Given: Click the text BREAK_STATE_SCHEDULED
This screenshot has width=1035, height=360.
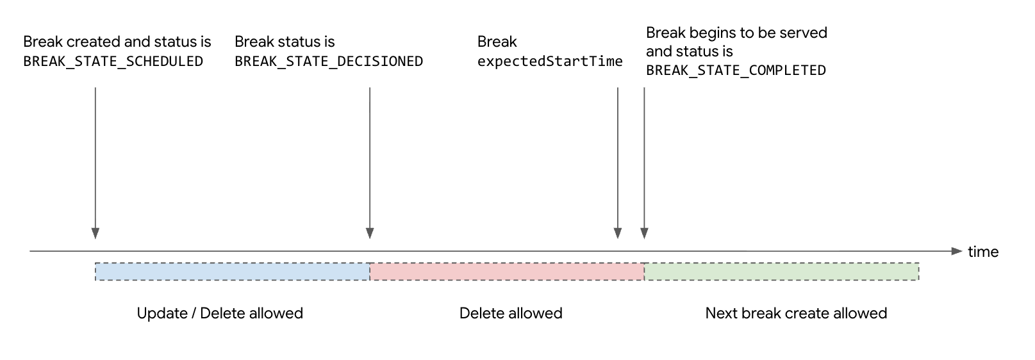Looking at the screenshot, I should pos(113,61).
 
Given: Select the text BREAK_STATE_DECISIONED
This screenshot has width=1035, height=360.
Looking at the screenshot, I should pos(329,61).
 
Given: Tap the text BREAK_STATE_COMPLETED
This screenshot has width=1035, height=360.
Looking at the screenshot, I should pos(736,70).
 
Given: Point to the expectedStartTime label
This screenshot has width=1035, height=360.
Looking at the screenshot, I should pos(550,61).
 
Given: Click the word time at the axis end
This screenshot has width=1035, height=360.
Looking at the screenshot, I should pos(982,252).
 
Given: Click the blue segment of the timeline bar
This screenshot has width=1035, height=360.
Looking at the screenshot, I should pos(232,272).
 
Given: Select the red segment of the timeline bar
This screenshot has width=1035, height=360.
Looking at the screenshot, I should pos(506,272).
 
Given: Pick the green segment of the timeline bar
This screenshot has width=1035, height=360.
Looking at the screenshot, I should pos(781,272).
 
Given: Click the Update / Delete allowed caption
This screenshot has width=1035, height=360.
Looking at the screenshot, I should pos(220,313).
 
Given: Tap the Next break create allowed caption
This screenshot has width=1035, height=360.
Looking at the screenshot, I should pos(796,313).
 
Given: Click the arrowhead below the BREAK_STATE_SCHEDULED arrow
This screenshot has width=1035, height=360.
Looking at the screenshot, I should pos(95,233).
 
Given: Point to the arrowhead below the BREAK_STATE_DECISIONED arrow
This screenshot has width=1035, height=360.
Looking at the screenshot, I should pos(370,233).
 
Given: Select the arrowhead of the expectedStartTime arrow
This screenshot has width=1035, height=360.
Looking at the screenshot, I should pos(618,233).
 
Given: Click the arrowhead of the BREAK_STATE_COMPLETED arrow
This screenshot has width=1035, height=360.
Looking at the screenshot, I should pos(644,233).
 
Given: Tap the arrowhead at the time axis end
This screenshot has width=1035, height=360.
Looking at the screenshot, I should pos(957,251).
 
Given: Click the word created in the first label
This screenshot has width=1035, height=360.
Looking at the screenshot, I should pos(94,42).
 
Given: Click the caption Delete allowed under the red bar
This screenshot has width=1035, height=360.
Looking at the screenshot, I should pos(511,313).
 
